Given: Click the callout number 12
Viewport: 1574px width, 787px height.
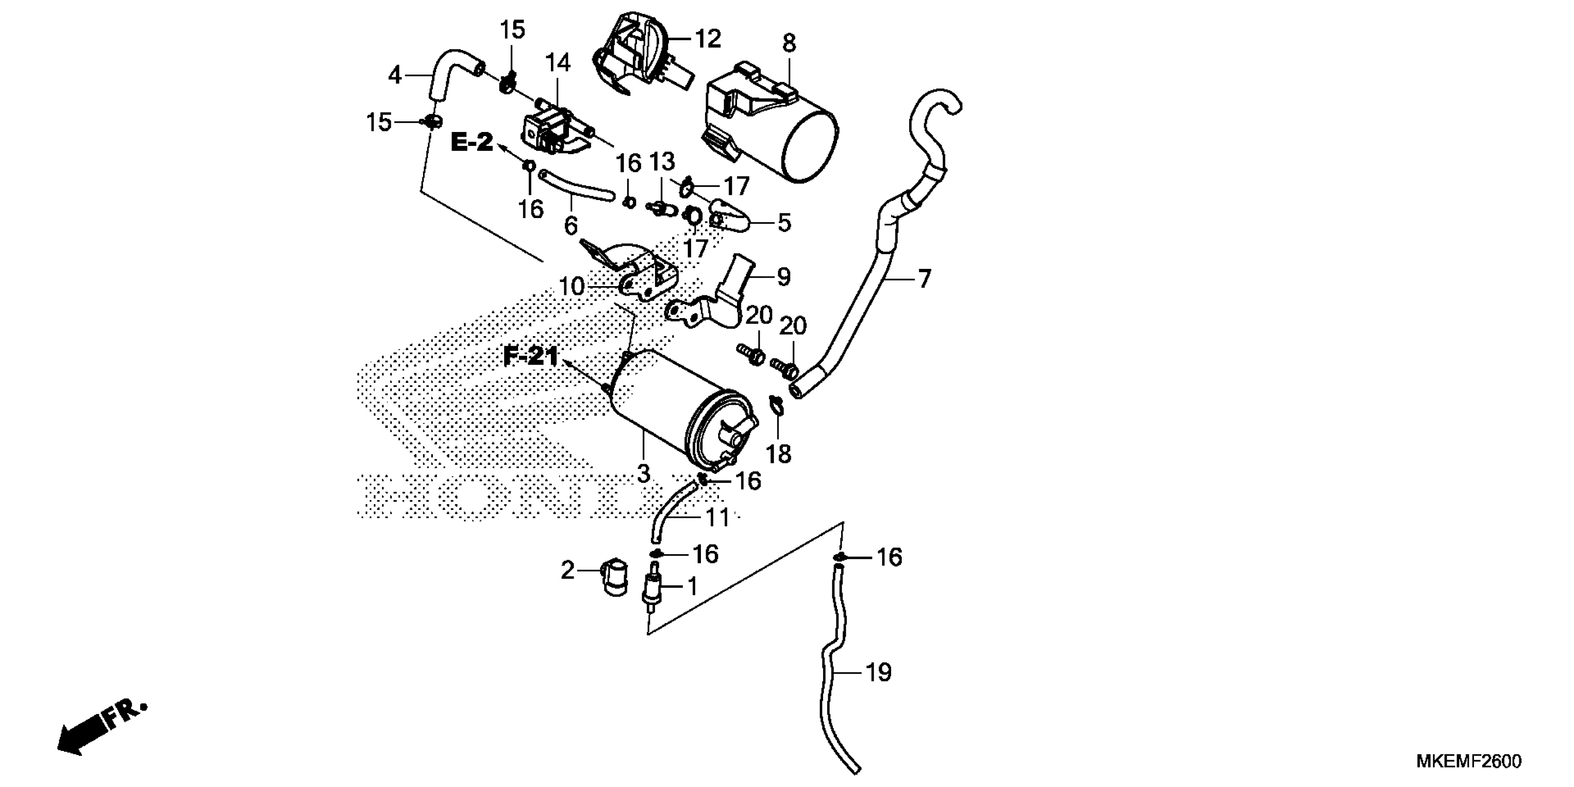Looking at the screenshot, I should click(708, 39).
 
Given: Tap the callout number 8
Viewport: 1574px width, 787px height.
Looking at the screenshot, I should click(789, 44).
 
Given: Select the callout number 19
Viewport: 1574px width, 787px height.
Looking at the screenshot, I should click(879, 673).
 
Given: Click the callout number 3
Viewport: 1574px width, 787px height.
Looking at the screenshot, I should click(643, 474).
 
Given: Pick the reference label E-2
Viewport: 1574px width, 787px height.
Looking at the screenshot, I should click(472, 143).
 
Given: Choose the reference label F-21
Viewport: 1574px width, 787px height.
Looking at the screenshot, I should click(531, 356).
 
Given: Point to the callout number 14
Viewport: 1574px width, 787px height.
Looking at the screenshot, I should click(557, 62).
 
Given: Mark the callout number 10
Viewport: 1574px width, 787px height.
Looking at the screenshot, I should click(572, 286).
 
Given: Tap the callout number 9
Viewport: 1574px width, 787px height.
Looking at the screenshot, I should click(784, 277).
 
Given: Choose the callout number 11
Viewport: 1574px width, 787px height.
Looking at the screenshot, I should click(718, 518).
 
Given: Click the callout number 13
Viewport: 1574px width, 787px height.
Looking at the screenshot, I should click(661, 162).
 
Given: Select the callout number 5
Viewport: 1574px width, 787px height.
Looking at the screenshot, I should click(784, 223).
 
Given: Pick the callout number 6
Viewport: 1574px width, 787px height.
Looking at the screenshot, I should click(570, 226).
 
